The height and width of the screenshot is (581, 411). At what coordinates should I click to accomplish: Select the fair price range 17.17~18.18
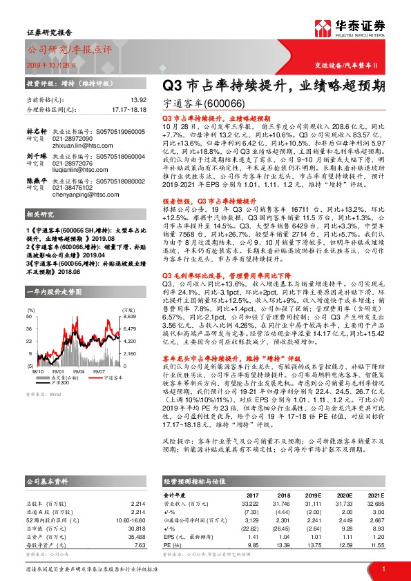(x=130, y=109)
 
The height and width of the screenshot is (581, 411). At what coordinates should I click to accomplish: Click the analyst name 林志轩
(x=36, y=130)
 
